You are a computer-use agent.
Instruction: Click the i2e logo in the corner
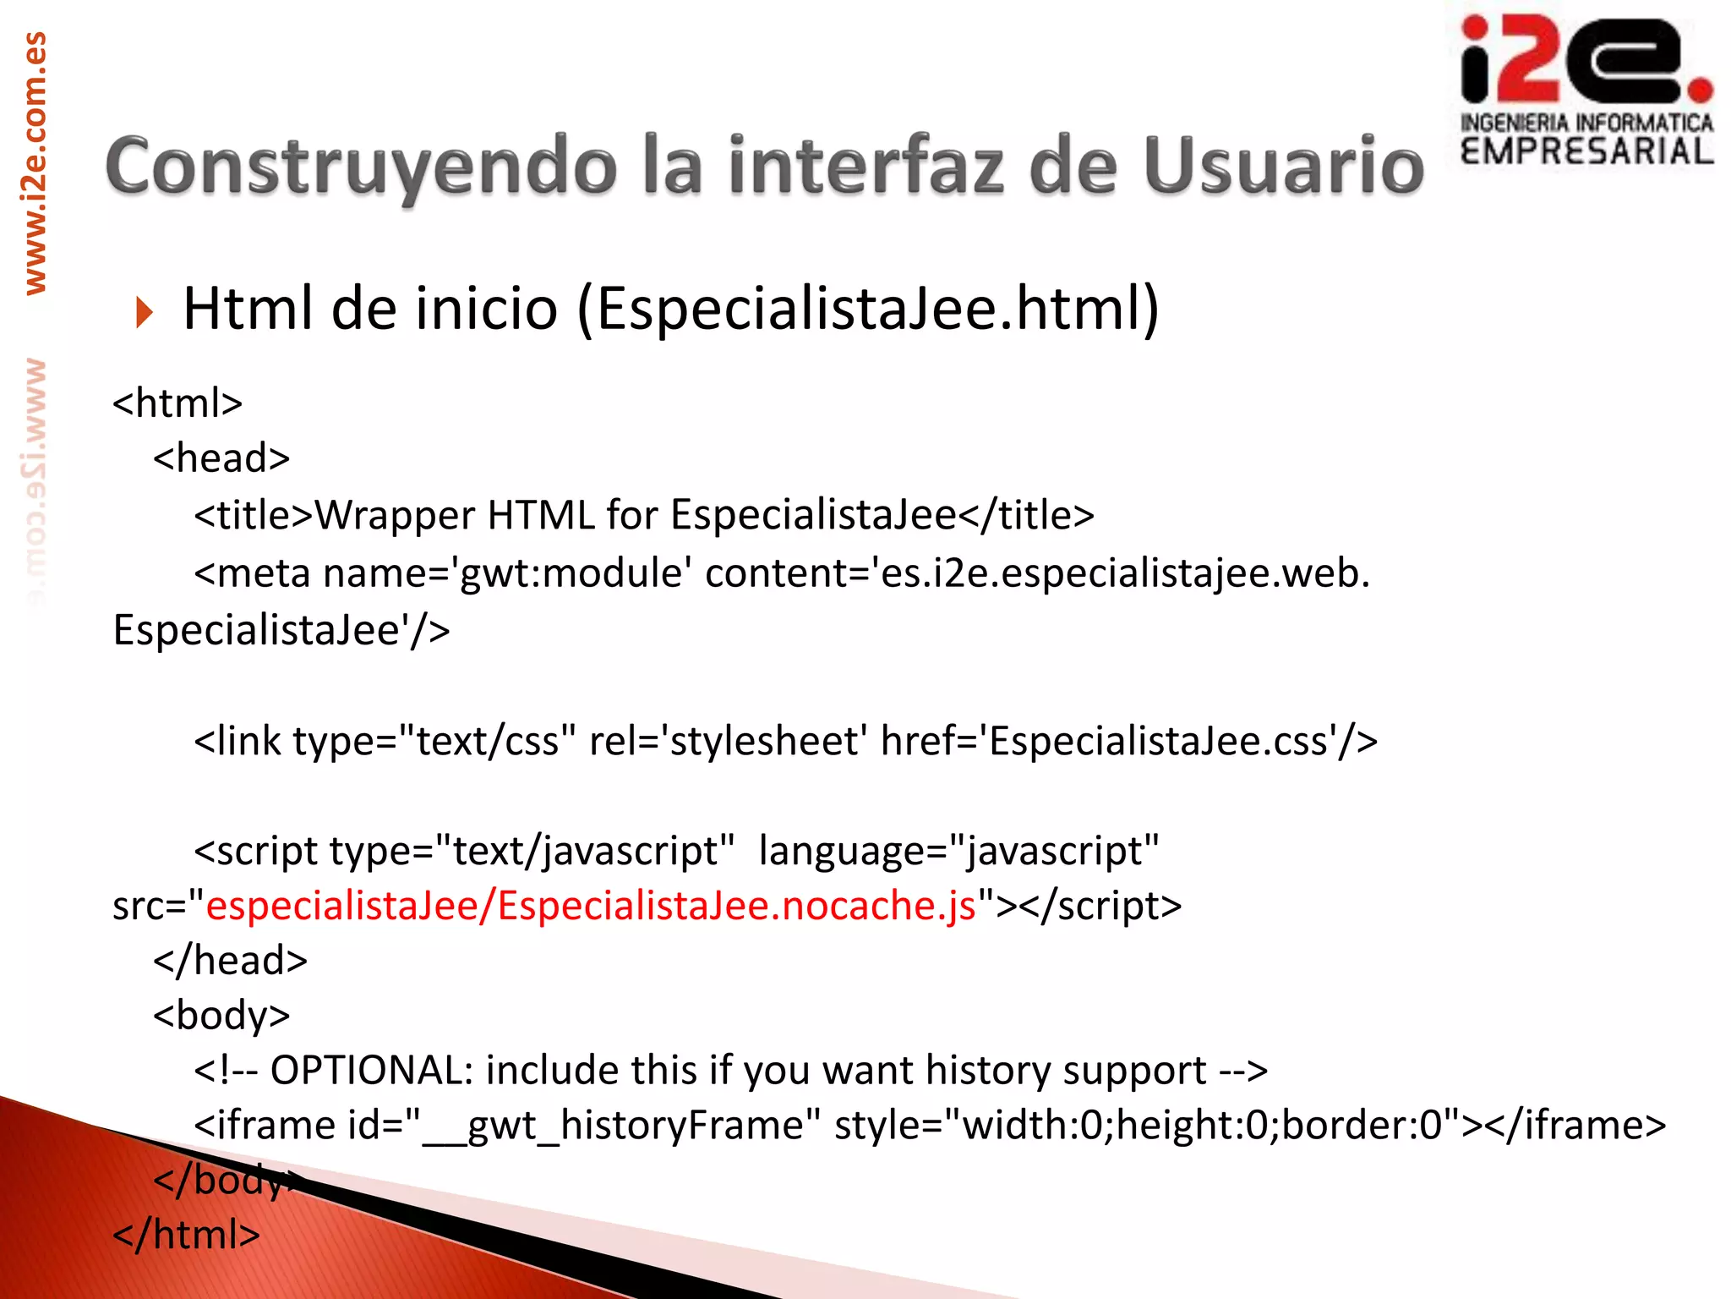(1586, 89)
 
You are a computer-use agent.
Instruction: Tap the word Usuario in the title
(1284, 167)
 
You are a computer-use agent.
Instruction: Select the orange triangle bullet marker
(145, 313)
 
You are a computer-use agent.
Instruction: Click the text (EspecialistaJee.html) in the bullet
(868, 309)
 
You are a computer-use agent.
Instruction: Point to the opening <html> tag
(177, 403)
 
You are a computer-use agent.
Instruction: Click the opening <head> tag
(221, 459)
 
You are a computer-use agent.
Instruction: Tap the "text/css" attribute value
(487, 742)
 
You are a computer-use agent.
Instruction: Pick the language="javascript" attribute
(958, 851)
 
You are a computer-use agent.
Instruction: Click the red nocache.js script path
(592, 906)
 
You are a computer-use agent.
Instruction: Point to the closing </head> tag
(230, 961)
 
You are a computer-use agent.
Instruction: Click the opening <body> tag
(221, 1016)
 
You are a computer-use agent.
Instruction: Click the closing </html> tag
(187, 1236)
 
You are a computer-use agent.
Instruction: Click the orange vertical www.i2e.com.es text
(35, 163)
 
